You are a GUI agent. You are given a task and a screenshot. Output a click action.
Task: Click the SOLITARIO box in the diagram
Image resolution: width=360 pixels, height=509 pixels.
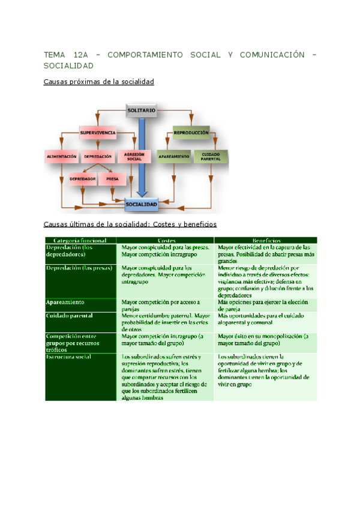coord(142,110)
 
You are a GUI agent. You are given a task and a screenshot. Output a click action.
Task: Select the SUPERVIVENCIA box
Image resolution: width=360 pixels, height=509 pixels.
coord(98,132)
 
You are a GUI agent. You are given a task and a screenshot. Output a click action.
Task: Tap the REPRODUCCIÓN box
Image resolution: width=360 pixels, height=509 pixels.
coord(191,132)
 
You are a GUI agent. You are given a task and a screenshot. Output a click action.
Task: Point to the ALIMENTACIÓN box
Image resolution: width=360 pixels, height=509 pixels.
coord(62,157)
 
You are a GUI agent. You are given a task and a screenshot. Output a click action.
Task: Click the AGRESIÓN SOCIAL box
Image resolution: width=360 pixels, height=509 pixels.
coord(134,157)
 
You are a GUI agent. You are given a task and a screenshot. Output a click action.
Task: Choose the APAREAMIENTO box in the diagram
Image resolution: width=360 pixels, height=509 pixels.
coord(173,157)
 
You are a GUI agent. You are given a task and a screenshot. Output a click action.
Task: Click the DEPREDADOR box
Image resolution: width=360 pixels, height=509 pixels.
coord(83,179)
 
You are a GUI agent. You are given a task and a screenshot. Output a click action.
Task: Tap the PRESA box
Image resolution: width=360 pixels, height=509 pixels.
coord(112,179)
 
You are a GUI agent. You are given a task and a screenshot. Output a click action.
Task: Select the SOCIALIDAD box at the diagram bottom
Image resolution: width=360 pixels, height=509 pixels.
coord(142,205)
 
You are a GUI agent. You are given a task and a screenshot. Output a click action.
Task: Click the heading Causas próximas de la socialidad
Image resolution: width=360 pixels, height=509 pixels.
coord(99,81)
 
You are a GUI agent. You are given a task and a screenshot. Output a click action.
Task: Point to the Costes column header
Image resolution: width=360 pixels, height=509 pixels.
coord(166,240)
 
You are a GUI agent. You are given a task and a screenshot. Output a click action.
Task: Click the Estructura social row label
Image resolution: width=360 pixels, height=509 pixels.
coord(68,357)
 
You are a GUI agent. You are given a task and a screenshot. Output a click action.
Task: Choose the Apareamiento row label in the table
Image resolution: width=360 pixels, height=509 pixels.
coord(65,302)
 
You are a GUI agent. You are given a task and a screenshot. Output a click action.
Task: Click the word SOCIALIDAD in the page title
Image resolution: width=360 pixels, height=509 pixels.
coord(68,65)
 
